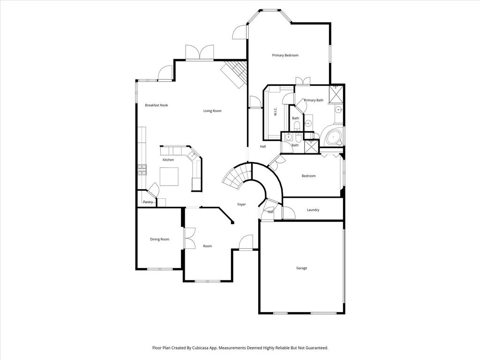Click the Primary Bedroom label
click(285, 55)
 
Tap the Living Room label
click(212, 111)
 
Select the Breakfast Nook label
click(156, 105)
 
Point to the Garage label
click(301, 268)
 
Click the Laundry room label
click(313, 210)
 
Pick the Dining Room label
click(159, 240)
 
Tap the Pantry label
click(148, 202)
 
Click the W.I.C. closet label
click(276, 112)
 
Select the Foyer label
click(241, 204)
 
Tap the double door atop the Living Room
click(199, 52)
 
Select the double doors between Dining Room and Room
click(189, 238)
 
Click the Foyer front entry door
click(247, 242)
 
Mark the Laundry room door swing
click(289, 213)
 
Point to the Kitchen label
click(168, 160)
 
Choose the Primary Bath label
click(313, 100)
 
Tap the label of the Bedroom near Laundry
click(308, 176)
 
